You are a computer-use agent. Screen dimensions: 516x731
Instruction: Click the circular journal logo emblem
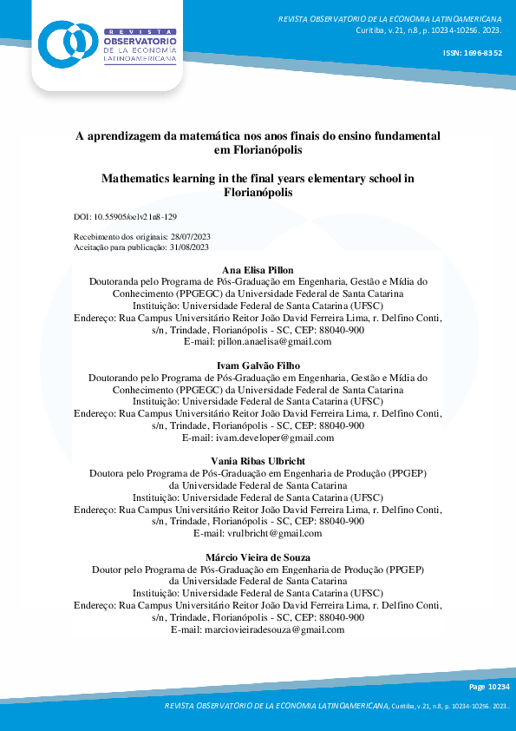click(x=65, y=42)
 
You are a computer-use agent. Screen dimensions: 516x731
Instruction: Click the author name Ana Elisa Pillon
click(x=258, y=271)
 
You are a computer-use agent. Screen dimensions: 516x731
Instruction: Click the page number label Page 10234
click(x=489, y=687)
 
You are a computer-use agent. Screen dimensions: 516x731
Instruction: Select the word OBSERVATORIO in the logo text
click(x=140, y=41)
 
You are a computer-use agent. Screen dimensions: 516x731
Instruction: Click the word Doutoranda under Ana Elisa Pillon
click(x=116, y=281)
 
